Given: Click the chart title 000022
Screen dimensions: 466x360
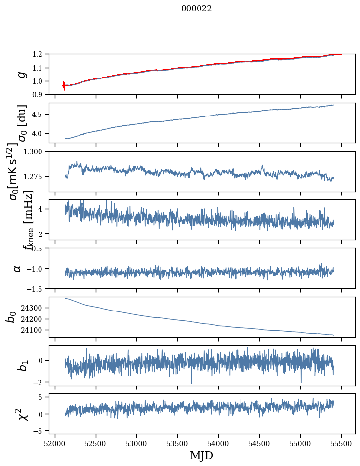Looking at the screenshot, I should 197,9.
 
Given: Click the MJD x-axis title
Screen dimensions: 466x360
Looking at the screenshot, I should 201,456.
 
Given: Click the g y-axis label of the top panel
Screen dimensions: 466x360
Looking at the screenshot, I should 21,74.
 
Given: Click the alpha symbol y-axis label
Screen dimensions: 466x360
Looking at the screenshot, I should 17,268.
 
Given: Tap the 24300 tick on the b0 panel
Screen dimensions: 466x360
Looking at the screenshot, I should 35,308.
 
